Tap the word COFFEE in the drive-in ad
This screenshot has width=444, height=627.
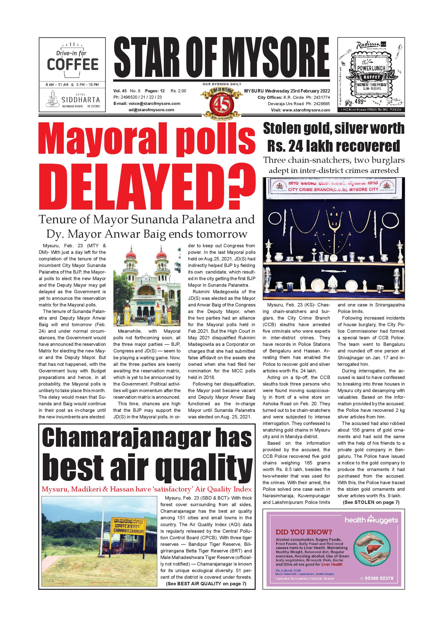coord(72,64)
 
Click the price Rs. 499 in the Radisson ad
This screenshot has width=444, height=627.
coord(355,102)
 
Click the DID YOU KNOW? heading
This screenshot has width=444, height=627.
coord(304,532)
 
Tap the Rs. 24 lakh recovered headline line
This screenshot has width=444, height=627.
coord(334,146)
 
